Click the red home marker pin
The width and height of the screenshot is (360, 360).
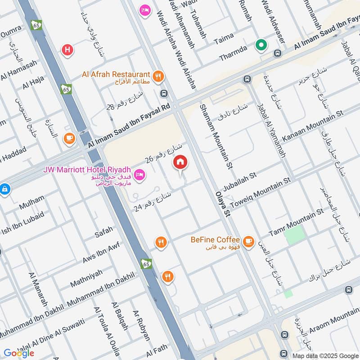coord(180,162)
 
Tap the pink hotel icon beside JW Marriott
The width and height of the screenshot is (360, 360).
coord(139,174)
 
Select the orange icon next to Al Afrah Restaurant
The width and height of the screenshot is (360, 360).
coord(157,76)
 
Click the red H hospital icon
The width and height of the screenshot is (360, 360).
coord(67,50)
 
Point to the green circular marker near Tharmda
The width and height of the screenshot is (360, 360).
coord(261,45)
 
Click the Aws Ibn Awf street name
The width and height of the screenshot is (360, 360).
coord(101,252)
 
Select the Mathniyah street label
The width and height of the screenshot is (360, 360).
coord(88,279)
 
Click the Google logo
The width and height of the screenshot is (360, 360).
coord(19,353)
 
